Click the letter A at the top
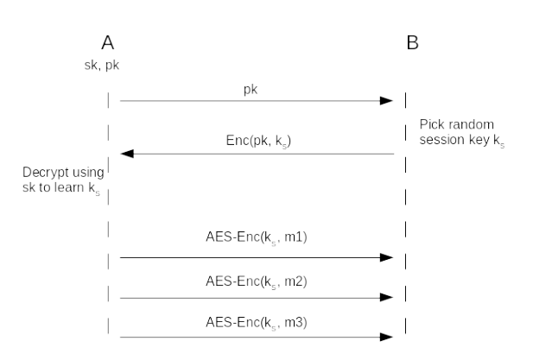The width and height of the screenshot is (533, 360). pyautogui.click(x=108, y=42)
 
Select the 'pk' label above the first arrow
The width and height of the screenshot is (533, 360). pyautogui.click(x=255, y=89)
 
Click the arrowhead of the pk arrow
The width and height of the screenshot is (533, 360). pyautogui.click(x=387, y=101)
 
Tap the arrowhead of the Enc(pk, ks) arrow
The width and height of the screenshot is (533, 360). pyautogui.click(x=126, y=154)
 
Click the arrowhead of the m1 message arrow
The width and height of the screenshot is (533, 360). pyautogui.click(x=387, y=257)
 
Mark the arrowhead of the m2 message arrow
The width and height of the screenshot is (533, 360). pyautogui.click(x=387, y=298)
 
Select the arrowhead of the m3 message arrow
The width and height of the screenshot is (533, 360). pyautogui.click(x=387, y=337)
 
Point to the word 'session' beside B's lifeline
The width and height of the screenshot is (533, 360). pyautogui.click(x=440, y=142)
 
